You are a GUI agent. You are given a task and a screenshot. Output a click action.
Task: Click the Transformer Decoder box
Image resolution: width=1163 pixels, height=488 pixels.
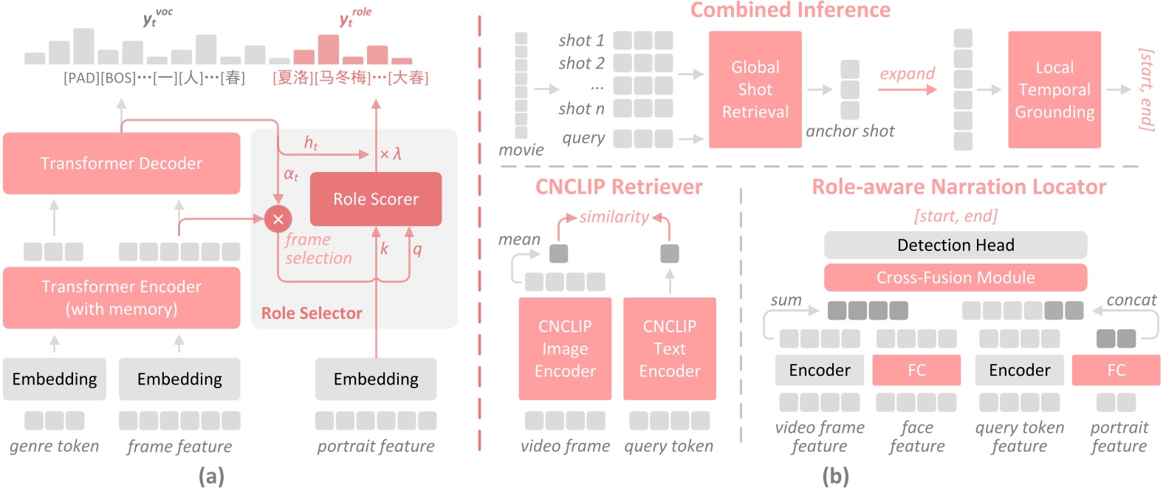[x=121, y=163]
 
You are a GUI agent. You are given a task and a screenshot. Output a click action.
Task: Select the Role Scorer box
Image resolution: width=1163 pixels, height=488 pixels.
[x=375, y=199]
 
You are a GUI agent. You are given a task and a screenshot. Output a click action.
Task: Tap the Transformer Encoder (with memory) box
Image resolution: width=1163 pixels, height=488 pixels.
[x=121, y=298]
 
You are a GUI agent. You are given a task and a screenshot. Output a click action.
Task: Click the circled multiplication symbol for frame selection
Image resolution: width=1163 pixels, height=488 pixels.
[x=278, y=219]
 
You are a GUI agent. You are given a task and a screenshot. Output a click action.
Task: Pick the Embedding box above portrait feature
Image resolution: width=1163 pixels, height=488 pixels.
[x=375, y=379]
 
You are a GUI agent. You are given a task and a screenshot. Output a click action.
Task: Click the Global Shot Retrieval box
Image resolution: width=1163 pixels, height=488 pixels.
[x=755, y=89]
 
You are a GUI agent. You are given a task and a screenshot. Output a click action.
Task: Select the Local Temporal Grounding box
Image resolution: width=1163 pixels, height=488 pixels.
[x=1054, y=89]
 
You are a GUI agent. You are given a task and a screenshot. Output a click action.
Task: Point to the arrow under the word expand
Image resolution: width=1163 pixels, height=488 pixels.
[x=907, y=89]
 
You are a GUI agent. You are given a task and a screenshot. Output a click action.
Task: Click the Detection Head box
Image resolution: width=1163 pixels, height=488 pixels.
[x=955, y=245]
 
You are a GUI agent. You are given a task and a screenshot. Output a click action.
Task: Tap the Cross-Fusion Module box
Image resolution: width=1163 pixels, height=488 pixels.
[x=955, y=278]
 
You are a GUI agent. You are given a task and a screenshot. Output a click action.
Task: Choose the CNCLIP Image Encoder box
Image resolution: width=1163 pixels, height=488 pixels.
[x=565, y=348]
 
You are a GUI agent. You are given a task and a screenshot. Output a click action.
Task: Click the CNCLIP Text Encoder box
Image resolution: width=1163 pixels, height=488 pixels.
[x=669, y=348]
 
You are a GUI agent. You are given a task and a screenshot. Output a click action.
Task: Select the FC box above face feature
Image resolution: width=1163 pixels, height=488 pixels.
[x=916, y=370]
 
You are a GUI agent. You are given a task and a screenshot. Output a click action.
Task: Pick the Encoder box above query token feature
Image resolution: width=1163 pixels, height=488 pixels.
[x=1019, y=370]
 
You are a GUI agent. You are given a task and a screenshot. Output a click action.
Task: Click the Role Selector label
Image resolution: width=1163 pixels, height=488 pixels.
[x=312, y=313]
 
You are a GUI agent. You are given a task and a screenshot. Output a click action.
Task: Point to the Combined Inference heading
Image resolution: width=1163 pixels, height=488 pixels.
[x=790, y=10]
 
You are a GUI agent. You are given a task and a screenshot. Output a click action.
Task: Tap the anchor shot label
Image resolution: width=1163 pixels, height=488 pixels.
[x=849, y=131]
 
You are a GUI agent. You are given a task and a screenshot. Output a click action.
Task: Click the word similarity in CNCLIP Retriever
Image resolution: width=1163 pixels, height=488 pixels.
[x=614, y=216]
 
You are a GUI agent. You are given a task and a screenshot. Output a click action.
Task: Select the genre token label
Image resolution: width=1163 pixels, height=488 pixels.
[x=54, y=446]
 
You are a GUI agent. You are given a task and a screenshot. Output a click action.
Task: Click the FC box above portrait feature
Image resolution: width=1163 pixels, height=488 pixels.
[x=1115, y=370]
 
